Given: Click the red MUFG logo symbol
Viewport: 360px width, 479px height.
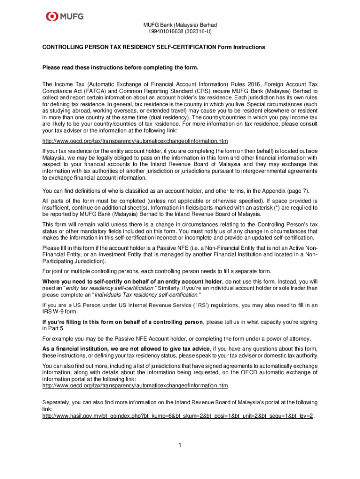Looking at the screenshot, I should (x=52, y=17).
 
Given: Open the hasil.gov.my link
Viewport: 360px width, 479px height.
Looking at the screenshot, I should (x=178, y=415).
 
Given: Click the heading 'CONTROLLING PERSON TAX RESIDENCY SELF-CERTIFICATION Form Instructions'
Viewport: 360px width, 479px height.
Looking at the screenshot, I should (x=154, y=47).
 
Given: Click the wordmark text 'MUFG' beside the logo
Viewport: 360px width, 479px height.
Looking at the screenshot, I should (x=72, y=17).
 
